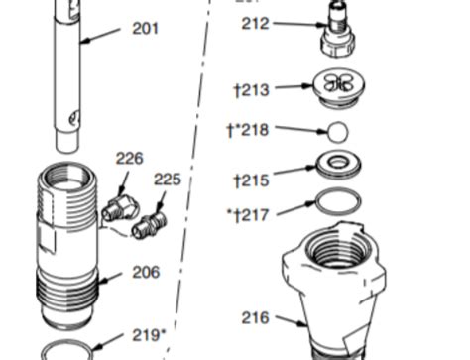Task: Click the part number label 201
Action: click(145, 29)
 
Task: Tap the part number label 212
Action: click(255, 23)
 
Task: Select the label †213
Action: click(252, 90)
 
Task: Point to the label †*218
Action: click(248, 129)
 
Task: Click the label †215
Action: click(252, 180)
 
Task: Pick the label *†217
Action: click(249, 213)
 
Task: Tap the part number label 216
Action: click(255, 318)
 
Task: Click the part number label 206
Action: click(146, 272)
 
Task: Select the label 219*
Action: click(150, 335)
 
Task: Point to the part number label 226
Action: click(130, 158)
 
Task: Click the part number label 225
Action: click(168, 180)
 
